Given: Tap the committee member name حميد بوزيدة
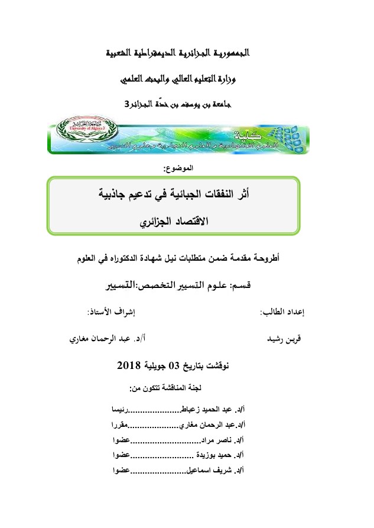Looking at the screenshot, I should coord(215,456).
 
